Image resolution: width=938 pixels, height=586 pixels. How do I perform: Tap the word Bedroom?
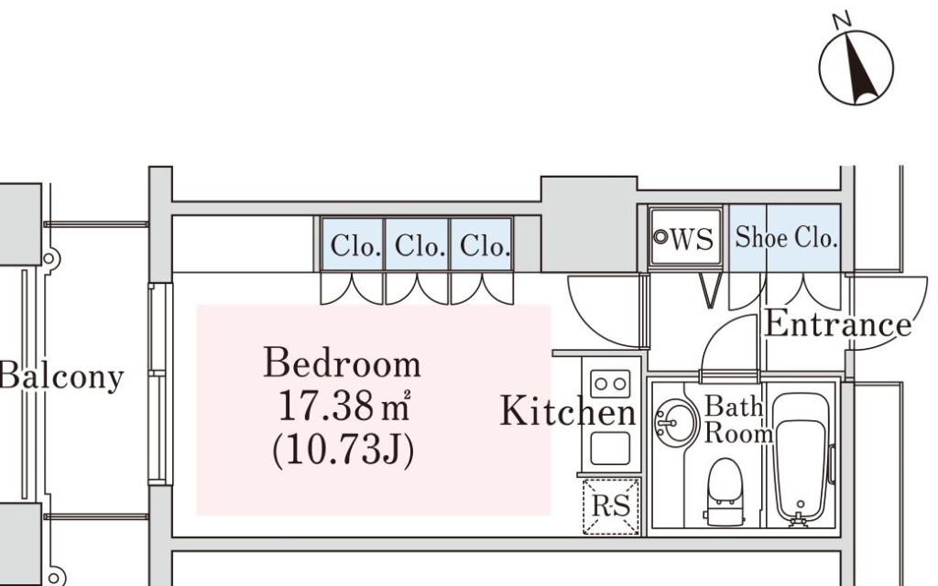point(343,363)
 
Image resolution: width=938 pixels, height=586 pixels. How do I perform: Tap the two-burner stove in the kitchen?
point(610,384)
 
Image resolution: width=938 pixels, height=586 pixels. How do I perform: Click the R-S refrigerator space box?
point(611,505)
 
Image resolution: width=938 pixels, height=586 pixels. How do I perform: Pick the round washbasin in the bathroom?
point(676,423)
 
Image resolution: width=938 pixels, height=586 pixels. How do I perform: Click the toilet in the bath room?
point(725,492)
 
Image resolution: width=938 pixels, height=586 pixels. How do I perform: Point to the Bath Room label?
point(738,419)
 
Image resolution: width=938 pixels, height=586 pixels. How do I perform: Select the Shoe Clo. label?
point(785,237)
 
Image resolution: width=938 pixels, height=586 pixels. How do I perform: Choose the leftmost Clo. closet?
point(353,244)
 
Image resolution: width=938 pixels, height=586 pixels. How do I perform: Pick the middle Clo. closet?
point(418,244)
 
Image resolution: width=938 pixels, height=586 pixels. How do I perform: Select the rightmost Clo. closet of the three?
point(482,244)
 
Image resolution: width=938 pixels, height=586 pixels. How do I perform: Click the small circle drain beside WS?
point(660,237)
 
